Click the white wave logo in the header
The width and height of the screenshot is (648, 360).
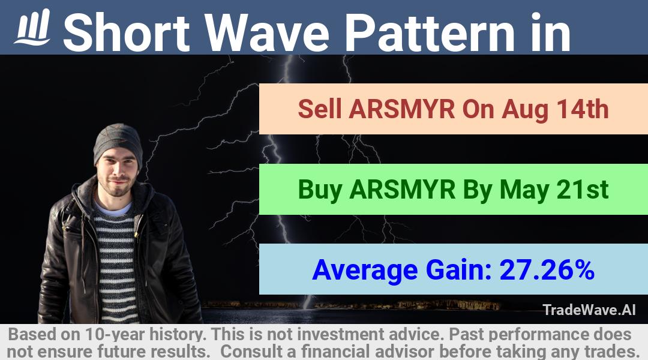(x=32, y=28)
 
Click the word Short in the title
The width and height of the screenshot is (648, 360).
(x=127, y=32)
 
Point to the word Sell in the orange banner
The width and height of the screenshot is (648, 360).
(x=320, y=109)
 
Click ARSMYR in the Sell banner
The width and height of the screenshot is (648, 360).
(x=401, y=109)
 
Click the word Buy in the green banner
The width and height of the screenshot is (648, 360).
(x=320, y=190)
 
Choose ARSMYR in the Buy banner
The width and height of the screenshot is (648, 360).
(x=402, y=189)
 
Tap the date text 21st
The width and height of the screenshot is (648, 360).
(x=582, y=189)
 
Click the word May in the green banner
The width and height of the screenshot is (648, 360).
(x=524, y=190)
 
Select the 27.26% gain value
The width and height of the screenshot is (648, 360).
(x=547, y=269)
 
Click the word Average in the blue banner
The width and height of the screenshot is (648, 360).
(x=365, y=271)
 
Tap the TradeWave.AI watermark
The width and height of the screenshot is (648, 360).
(x=589, y=310)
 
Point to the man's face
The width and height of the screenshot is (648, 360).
(x=117, y=172)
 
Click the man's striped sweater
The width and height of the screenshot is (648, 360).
(x=115, y=265)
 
